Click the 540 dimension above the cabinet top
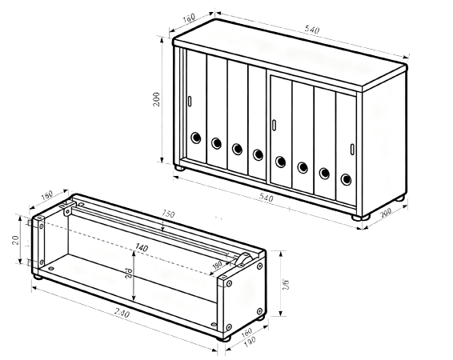point(312,30)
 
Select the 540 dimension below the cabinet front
point(266,197)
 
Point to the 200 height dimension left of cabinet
point(158,98)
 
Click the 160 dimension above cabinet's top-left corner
point(189,18)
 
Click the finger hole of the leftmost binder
point(195,139)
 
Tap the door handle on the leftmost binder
point(190,101)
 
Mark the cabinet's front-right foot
point(358,216)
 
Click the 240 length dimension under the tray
point(124,313)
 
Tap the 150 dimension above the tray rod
point(167,214)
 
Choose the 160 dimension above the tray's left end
point(46,194)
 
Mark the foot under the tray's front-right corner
point(227,338)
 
